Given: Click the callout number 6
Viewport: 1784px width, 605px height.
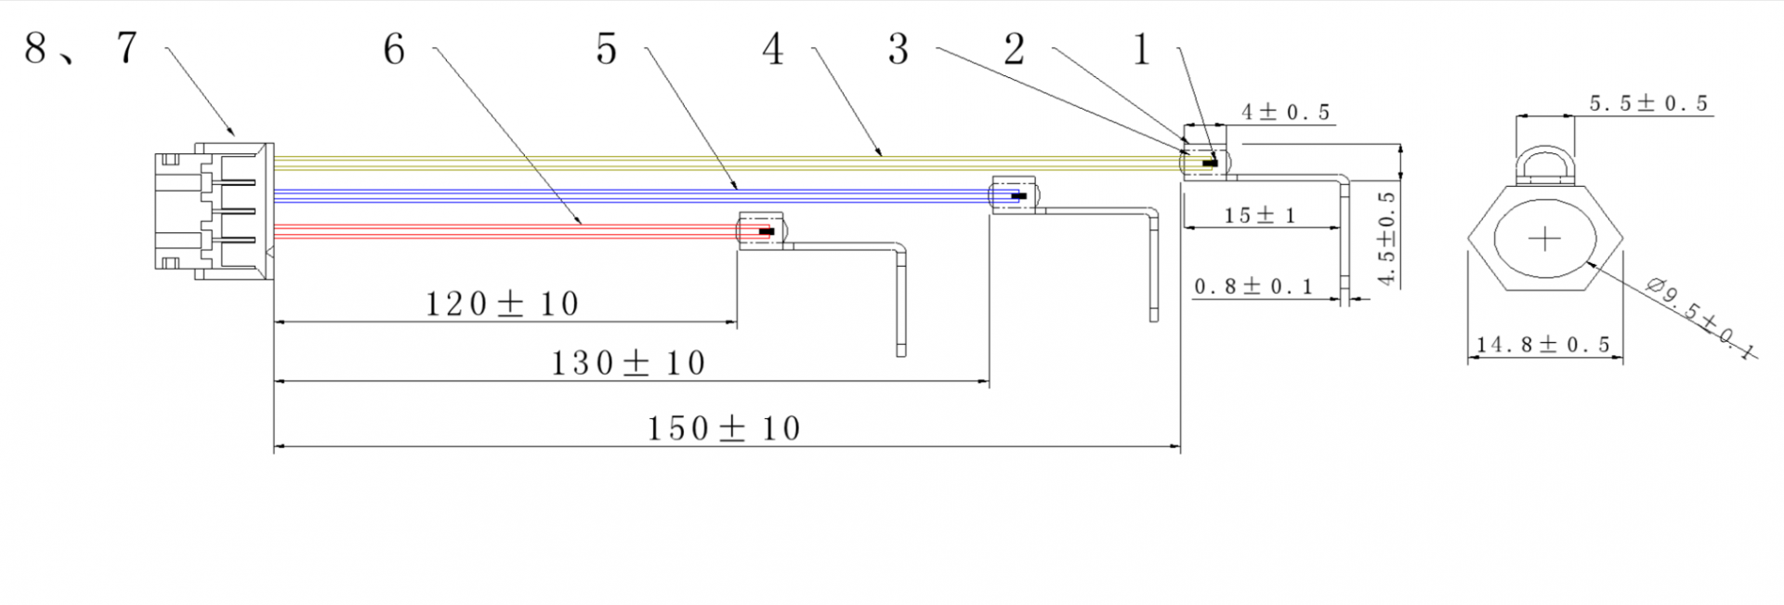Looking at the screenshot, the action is pos(394,49).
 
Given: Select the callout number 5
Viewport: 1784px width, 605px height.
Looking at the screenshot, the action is pos(607,49).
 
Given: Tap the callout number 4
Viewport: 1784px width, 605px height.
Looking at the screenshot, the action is pos(773,49).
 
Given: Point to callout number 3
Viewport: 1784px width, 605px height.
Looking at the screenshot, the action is pos(898,49).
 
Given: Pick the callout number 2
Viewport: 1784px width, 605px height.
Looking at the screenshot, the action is pos(1015,49).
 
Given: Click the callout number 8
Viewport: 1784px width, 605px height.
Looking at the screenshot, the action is pos(35,48).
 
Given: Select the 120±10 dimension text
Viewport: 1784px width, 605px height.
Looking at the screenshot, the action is pos(502,304).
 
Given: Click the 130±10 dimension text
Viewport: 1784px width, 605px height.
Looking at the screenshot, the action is pos(629,362).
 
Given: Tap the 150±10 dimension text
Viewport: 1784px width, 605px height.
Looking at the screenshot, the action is pos(724,428).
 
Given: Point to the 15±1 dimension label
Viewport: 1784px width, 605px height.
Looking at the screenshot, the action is pos(1260,216).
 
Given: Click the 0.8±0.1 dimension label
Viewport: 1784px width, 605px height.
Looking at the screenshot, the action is pos(1253,286).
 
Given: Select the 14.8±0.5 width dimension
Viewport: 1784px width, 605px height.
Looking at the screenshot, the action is pos(1543,345).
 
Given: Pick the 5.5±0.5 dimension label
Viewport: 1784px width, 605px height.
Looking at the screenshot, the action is pos(1648,103).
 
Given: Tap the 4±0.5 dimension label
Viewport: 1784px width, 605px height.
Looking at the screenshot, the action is pos(1286,112).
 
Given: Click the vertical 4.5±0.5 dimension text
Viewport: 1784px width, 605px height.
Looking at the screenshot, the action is pos(1387,239).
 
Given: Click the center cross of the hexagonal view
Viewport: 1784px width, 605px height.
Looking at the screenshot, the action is pos(1544,240).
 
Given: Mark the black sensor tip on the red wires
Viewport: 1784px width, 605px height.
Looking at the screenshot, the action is pos(767,231).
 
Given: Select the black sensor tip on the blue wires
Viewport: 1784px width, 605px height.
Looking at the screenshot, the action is pos(1019,196).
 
